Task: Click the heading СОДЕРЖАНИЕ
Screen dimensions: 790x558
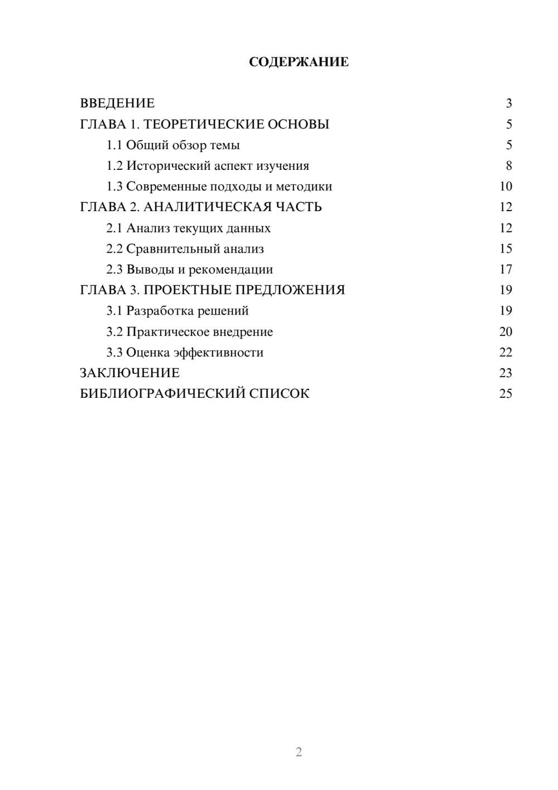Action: click(x=299, y=62)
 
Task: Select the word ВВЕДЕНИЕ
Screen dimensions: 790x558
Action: click(x=117, y=103)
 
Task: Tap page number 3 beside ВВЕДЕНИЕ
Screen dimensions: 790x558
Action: click(x=508, y=103)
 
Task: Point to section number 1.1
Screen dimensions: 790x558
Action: click(x=114, y=145)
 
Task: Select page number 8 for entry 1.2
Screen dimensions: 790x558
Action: click(x=508, y=166)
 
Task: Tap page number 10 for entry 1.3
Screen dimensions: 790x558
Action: click(x=506, y=187)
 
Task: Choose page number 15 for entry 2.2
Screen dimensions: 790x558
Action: click(x=506, y=249)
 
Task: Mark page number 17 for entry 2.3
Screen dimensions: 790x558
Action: click(x=506, y=269)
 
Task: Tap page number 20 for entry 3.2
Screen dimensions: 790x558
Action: click(x=506, y=332)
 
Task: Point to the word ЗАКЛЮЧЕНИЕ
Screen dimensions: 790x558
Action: click(x=129, y=373)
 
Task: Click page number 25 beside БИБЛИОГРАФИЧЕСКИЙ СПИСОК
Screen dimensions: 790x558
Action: click(x=506, y=394)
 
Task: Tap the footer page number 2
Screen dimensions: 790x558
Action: click(x=299, y=752)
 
